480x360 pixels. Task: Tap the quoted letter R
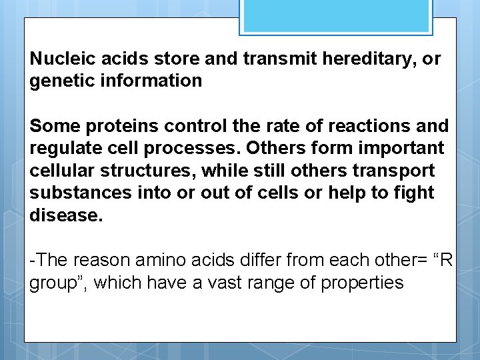pyautogui.click(x=445, y=260)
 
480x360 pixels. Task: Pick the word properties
pyautogui.click(x=362, y=283)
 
